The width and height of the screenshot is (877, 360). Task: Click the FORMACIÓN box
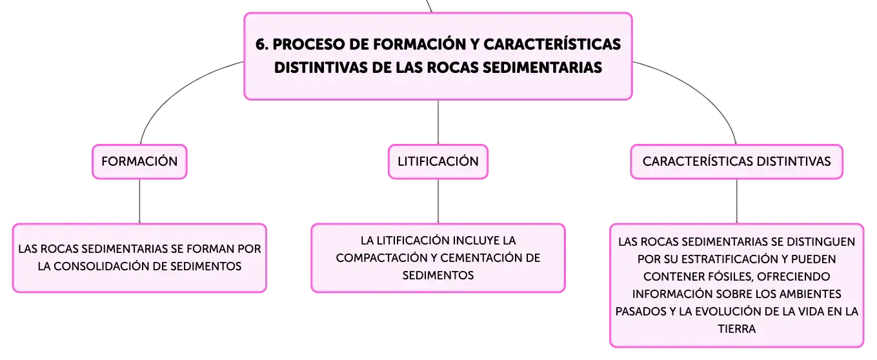(x=139, y=161)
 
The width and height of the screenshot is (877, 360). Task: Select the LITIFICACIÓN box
(x=438, y=161)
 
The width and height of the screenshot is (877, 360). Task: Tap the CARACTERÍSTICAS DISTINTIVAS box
(x=736, y=161)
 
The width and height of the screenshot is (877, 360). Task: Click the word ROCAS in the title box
(x=452, y=67)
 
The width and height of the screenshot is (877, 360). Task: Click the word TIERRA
(x=736, y=328)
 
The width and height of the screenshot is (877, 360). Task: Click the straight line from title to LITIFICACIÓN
(x=438, y=122)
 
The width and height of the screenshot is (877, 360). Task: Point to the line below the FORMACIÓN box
(x=139, y=201)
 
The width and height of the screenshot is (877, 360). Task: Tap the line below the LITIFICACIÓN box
(x=438, y=201)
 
